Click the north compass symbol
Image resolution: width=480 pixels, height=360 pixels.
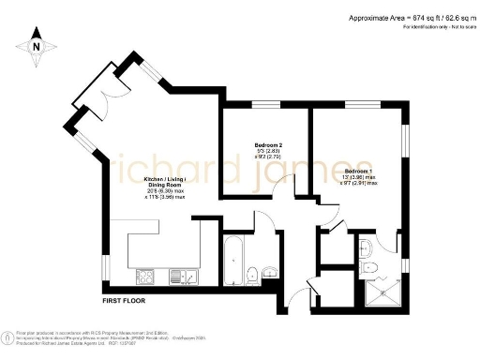coord(36,46)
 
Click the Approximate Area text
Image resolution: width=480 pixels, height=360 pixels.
coord(410,18)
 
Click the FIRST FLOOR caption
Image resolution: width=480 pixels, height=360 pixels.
coord(128,303)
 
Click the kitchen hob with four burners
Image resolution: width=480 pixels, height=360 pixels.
coord(147,276)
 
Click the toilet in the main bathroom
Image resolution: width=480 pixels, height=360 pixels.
coord(254,274)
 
